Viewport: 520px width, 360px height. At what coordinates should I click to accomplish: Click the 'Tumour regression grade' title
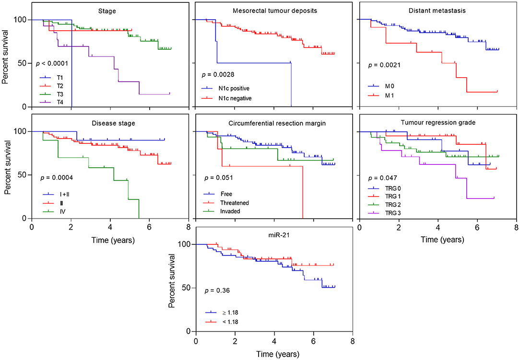click(437, 123)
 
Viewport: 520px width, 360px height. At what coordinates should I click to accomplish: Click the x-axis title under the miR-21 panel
click(273, 354)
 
